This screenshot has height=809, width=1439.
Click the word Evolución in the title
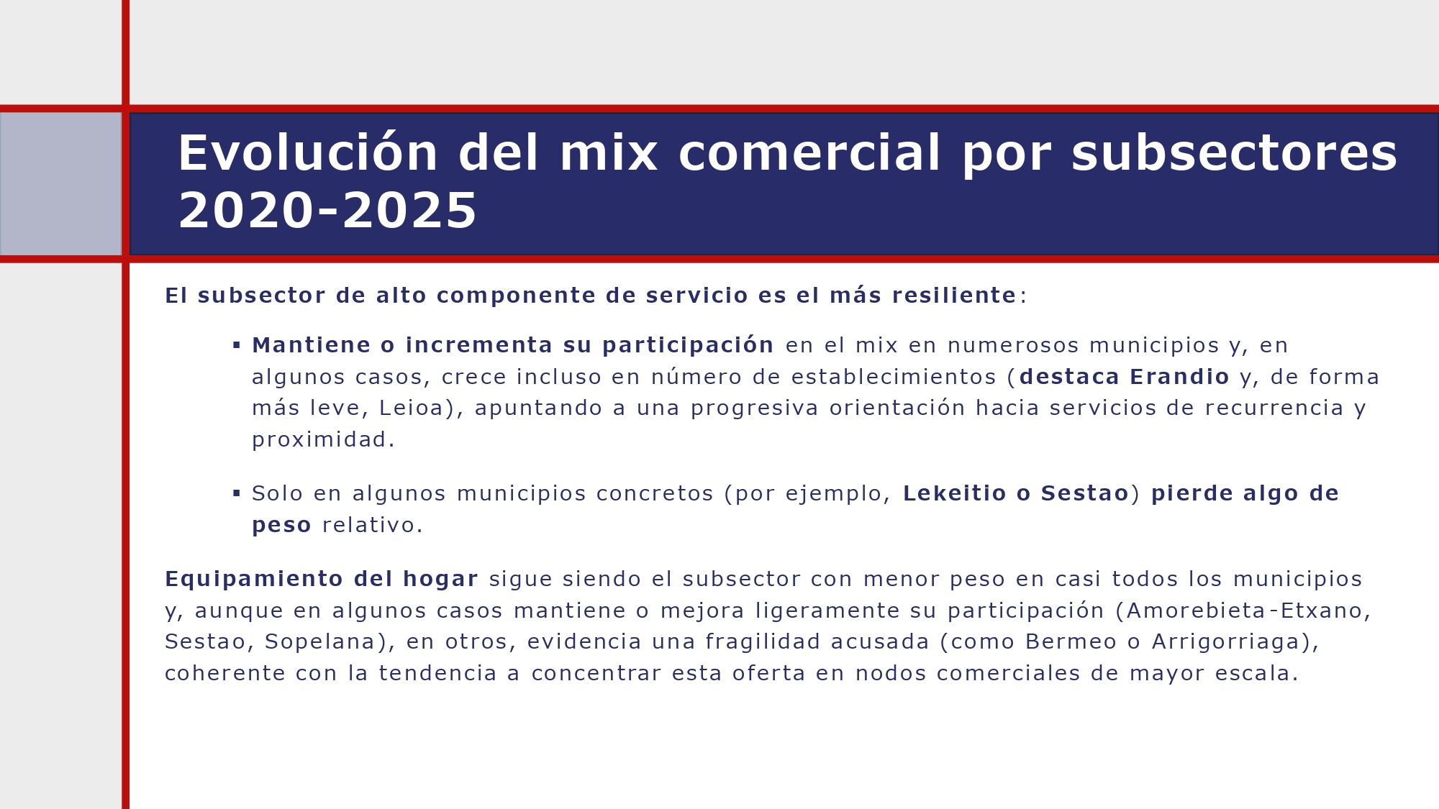pyautogui.click(x=307, y=153)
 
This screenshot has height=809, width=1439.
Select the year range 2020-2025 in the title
pyautogui.click(x=327, y=211)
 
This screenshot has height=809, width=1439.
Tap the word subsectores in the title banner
pyautogui.click(x=1233, y=153)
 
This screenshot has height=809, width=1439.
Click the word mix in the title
pyautogui.click(x=608, y=153)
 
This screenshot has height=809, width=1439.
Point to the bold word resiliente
pyautogui.click(x=953, y=296)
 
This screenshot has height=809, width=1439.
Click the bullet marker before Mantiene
pyautogui.click(x=237, y=346)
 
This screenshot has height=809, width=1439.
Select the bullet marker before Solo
pyautogui.click(x=237, y=493)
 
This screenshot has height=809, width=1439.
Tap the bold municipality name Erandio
pyautogui.click(x=1179, y=377)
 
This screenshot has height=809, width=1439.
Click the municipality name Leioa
pyautogui.click(x=411, y=408)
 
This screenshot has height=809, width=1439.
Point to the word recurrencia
pyautogui.click(x=1274, y=408)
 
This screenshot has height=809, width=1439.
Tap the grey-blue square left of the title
pyautogui.click(x=60, y=183)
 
